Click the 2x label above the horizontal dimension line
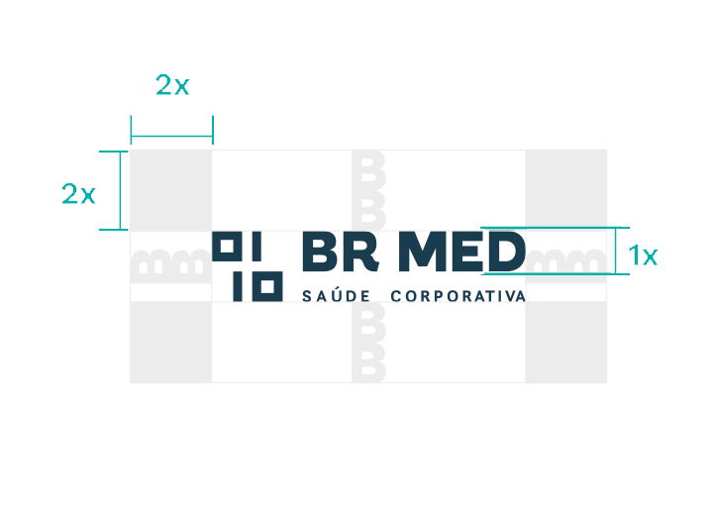point(172,86)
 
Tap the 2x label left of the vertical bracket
point(78,194)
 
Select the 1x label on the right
point(643,256)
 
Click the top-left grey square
point(170,189)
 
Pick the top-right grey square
point(565,189)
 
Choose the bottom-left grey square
point(170,342)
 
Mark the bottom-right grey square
point(565,342)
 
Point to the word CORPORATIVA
point(457,296)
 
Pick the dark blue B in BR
point(320,254)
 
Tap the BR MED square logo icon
point(249,266)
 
